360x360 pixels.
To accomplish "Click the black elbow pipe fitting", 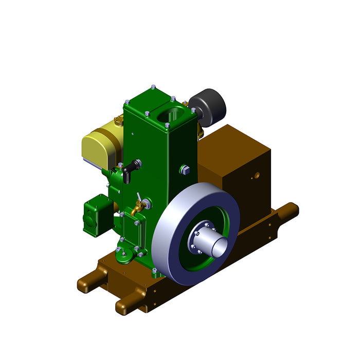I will pyautogui.click(x=129, y=169).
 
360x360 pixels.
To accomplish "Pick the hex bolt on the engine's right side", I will pyautogui.click(x=184, y=169).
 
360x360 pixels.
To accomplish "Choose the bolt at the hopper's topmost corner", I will pyautogui.click(x=153, y=87).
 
